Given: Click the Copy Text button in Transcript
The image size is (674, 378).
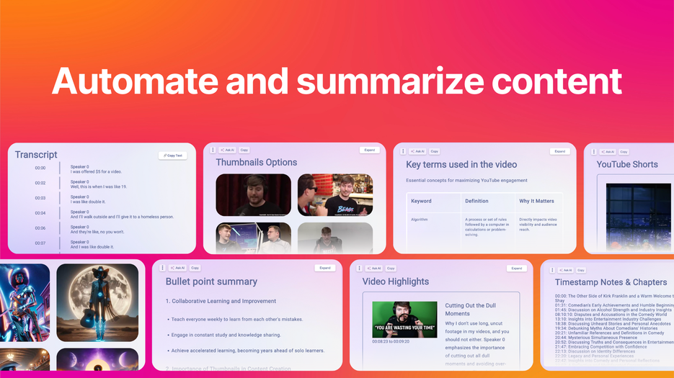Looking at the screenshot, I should [x=172, y=156].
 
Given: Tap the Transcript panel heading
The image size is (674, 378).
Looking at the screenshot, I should [x=36, y=155].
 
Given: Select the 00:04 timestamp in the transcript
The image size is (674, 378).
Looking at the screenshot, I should [x=40, y=213].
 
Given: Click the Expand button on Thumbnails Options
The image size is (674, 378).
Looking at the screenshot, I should [x=369, y=150].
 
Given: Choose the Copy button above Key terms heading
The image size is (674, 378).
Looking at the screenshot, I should [x=434, y=151].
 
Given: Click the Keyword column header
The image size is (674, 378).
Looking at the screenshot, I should [x=421, y=201].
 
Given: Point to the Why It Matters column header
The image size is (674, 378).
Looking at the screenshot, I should [x=536, y=201].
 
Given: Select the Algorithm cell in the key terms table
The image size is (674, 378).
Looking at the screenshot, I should [x=420, y=220].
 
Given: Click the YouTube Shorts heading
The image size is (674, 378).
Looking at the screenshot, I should [x=627, y=164].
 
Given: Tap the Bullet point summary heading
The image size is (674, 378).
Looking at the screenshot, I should [x=211, y=282].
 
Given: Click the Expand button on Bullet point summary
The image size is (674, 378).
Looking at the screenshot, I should [x=325, y=268].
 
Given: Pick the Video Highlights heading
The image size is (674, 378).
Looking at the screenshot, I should [x=395, y=282].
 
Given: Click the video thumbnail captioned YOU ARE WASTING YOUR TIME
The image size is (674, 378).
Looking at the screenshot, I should [x=404, y=320].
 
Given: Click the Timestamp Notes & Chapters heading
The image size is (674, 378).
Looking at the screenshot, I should [x=611, y=282].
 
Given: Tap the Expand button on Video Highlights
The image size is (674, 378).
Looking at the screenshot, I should [x=516, y=268].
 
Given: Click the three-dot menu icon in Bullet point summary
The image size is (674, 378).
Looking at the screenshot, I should [x=162, y=268].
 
